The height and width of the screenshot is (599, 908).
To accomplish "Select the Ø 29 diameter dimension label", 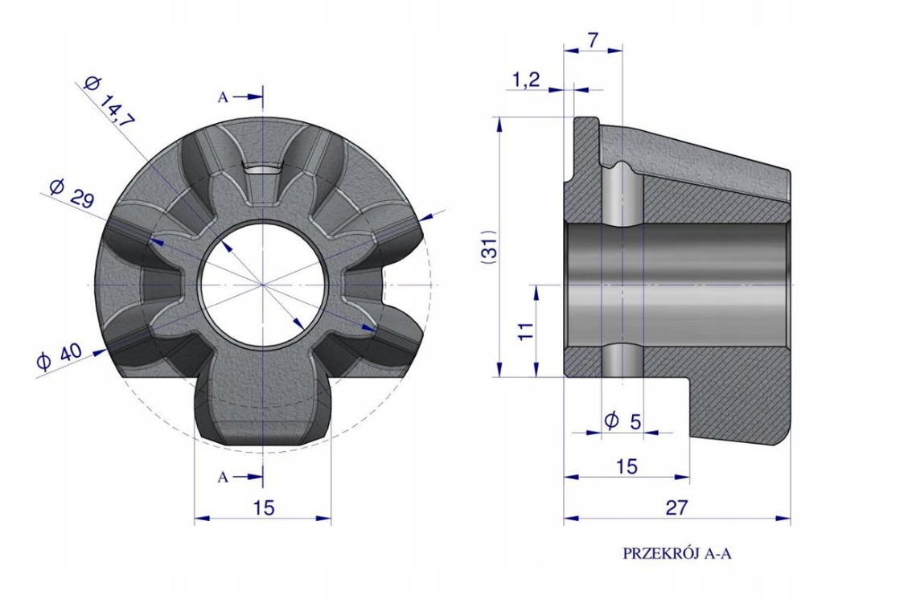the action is pos(72,193).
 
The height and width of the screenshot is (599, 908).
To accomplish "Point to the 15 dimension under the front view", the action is pos(264,507).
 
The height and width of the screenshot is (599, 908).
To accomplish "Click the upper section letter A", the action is pos(223,98).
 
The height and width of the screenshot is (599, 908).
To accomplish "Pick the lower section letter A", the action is pos(223,478).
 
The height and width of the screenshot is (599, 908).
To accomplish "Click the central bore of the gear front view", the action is pos(264,285).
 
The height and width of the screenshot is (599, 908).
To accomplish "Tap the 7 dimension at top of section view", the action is pos(593,40).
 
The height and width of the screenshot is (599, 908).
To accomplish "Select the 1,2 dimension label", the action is pos(526,80).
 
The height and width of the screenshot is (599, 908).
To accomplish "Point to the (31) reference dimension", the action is pos(489,248).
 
